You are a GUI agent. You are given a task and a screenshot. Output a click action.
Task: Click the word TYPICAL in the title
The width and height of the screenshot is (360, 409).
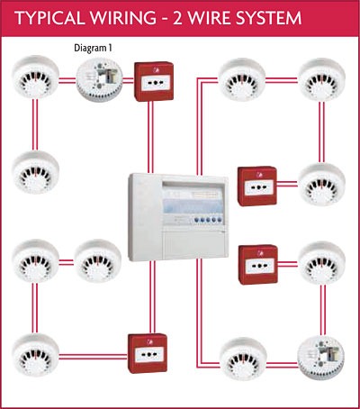click(x=49, y=18)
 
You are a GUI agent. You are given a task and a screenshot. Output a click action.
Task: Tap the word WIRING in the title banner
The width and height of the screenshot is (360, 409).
click(x=123, y=18)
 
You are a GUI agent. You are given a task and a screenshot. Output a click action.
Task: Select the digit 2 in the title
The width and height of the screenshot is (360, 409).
click(x=178, y=18)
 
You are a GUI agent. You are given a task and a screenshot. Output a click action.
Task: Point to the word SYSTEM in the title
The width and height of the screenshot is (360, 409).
click(x=268, y=18)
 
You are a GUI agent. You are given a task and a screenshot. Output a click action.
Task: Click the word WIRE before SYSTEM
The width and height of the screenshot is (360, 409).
click(x=210, y=18)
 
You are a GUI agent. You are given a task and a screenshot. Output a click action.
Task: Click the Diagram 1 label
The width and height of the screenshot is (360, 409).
click(x=93, y=48)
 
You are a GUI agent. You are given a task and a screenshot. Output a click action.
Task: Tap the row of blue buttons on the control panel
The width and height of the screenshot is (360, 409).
click(x=208, y=220)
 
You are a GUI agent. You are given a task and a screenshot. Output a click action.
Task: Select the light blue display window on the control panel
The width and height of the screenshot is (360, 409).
click(x=193, y=205)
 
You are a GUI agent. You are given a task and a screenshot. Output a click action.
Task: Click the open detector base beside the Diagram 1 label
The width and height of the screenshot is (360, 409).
click(x=99, y=80)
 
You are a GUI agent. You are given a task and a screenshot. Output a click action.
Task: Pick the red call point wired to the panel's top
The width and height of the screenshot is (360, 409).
click(x=154, y=81)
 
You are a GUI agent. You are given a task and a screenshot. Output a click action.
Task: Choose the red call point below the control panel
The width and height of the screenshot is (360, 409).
click(x=148, y=353)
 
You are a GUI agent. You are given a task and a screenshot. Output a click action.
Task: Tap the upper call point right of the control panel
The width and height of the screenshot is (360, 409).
click(x=257, y=186)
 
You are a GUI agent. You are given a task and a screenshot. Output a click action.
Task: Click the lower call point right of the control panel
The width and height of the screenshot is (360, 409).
click(x=258, y=265)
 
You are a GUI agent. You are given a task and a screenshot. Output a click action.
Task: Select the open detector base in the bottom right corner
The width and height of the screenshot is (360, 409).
click(x=321, y=358)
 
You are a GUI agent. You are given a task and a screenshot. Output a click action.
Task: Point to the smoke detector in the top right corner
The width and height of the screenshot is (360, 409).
click(x=322, y=79)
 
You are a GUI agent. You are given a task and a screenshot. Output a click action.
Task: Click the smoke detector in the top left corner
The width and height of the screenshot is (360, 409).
click(x=35, y=77)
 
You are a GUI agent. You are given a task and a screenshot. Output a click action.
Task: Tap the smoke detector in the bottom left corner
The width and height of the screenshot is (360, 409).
click(x=35, y=355)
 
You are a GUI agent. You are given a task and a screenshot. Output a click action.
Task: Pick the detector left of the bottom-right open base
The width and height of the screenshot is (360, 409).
click(x=243, y=359)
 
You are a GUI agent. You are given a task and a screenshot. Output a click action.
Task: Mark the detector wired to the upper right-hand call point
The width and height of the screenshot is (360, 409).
click(x=322, y=185)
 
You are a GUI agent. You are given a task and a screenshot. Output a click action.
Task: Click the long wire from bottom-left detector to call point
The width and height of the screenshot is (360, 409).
click(x=94, y=357)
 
